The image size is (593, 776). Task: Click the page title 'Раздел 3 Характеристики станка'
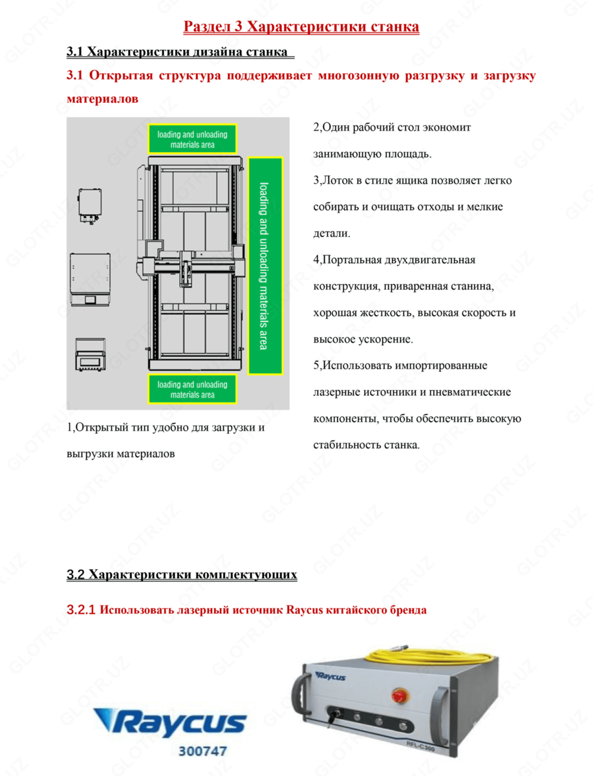301,27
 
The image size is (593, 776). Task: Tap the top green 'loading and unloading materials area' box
192,139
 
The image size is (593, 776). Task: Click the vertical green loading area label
264,265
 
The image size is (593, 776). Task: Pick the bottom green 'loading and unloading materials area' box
192,389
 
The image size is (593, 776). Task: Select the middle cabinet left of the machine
90,279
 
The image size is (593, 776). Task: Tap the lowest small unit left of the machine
90,355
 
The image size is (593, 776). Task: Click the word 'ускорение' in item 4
382,339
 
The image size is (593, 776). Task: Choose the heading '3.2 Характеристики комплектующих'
182,574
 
